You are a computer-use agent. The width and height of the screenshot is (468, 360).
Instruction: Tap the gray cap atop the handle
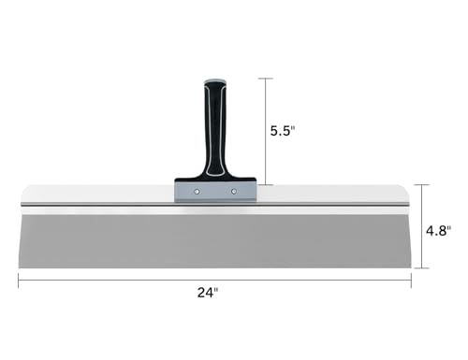[216, 82]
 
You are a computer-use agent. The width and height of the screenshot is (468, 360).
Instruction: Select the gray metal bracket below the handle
[215, 190]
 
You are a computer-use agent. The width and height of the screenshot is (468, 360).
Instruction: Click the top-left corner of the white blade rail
[21, 185]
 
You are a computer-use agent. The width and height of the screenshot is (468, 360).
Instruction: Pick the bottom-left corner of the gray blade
[20, 268]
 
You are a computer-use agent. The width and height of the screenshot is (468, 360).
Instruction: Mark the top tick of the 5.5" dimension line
[269, 78]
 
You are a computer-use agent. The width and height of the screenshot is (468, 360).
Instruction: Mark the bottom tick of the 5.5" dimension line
[269, 184]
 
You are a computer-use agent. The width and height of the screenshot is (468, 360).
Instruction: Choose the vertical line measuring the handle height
[269, 131]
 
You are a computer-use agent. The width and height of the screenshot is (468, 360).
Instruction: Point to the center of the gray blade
[214, 238]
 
